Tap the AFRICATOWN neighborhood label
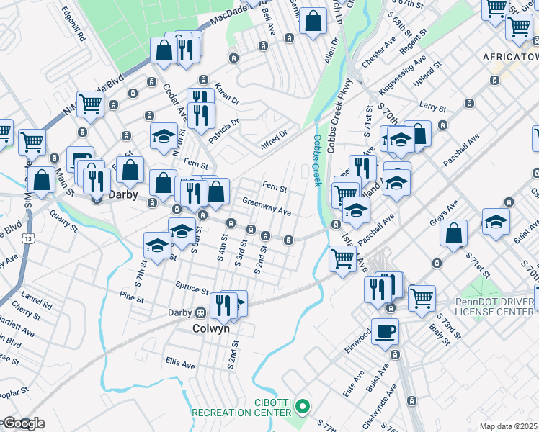pos(509,57)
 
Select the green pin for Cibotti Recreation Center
pos(303,408)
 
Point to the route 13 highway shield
pos(27,238)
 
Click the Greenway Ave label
pos(267,207)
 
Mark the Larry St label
pos(433,107)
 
